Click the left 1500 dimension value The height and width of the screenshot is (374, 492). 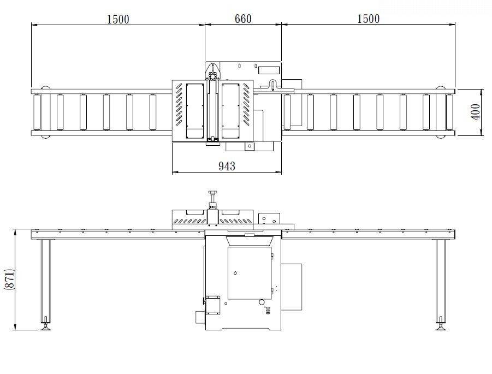click(x=117, y=19)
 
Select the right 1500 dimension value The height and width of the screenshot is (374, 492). click(x=368, y=19)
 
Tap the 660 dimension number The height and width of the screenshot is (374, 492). click(x=243, y=19)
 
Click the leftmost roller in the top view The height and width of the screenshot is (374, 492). click(x=37, y=112)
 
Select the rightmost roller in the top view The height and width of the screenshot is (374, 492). click(x=449, y=112)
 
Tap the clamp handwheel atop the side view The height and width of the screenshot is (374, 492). click(x=212, y=192)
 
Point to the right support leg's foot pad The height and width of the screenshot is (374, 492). click(x=440, y=327)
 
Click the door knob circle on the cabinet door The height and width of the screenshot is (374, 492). click(x=235, y=272)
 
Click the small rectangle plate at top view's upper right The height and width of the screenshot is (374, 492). click(x=269, y=70)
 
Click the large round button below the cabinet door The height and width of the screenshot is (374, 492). click(x=262, y=302)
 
